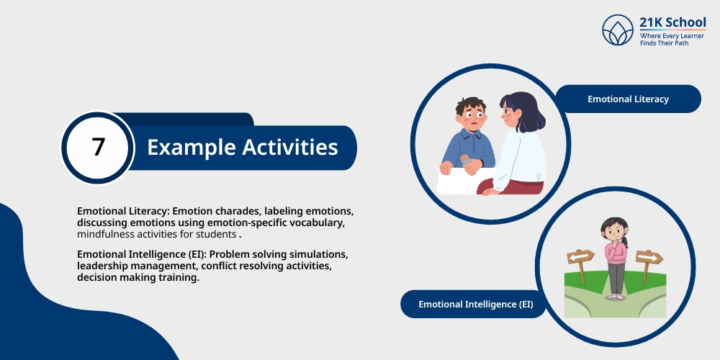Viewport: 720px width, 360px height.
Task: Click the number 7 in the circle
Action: pos(98,148)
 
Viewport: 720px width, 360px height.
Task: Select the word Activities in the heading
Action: pos(290,147)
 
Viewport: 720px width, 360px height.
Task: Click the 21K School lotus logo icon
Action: pos(618,30)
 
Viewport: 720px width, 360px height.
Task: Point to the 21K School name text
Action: pos(672,22)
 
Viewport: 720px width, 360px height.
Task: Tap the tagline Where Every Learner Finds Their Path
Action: pos(672,39)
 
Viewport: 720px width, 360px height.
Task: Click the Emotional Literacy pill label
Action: pos(628,99)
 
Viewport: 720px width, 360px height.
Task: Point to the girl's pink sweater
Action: pos(616,253)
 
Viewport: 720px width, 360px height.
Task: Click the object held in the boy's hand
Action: pos(465,161)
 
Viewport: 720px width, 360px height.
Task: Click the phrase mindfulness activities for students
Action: pos(156,235)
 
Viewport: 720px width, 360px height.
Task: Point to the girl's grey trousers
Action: pos(616,278)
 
